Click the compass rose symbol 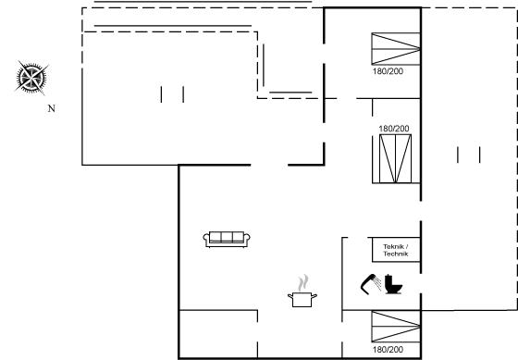(x=31, y=78)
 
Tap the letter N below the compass (x=52, y=108)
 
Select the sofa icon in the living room (x=227, y=239)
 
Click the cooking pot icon (x=302, y=300)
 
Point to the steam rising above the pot (x=303, y=282)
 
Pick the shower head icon (x=370, y=283)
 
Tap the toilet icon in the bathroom (x=393, y=284)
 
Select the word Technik (x=396, y=254)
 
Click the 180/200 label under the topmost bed (x=388, y=71)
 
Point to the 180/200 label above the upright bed (x=394, y=129)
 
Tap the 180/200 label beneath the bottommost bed (x=388, y=350)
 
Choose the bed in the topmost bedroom (x=396, y=49)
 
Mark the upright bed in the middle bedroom (x=396, y=158)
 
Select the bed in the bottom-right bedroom (x=396, y=327)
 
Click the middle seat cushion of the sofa (x=227, y=237)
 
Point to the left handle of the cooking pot (x=290, y=295)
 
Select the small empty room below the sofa (x=218, y=334)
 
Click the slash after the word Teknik (x=406, y=246)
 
